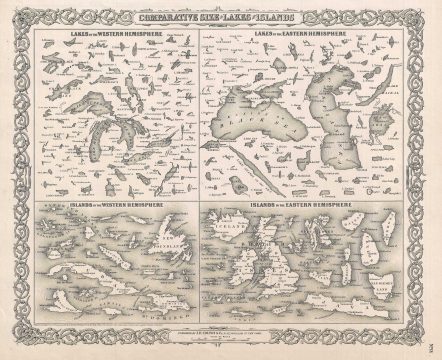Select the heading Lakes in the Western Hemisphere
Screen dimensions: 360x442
click(112, 33)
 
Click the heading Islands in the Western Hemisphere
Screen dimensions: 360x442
click(113, 206)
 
